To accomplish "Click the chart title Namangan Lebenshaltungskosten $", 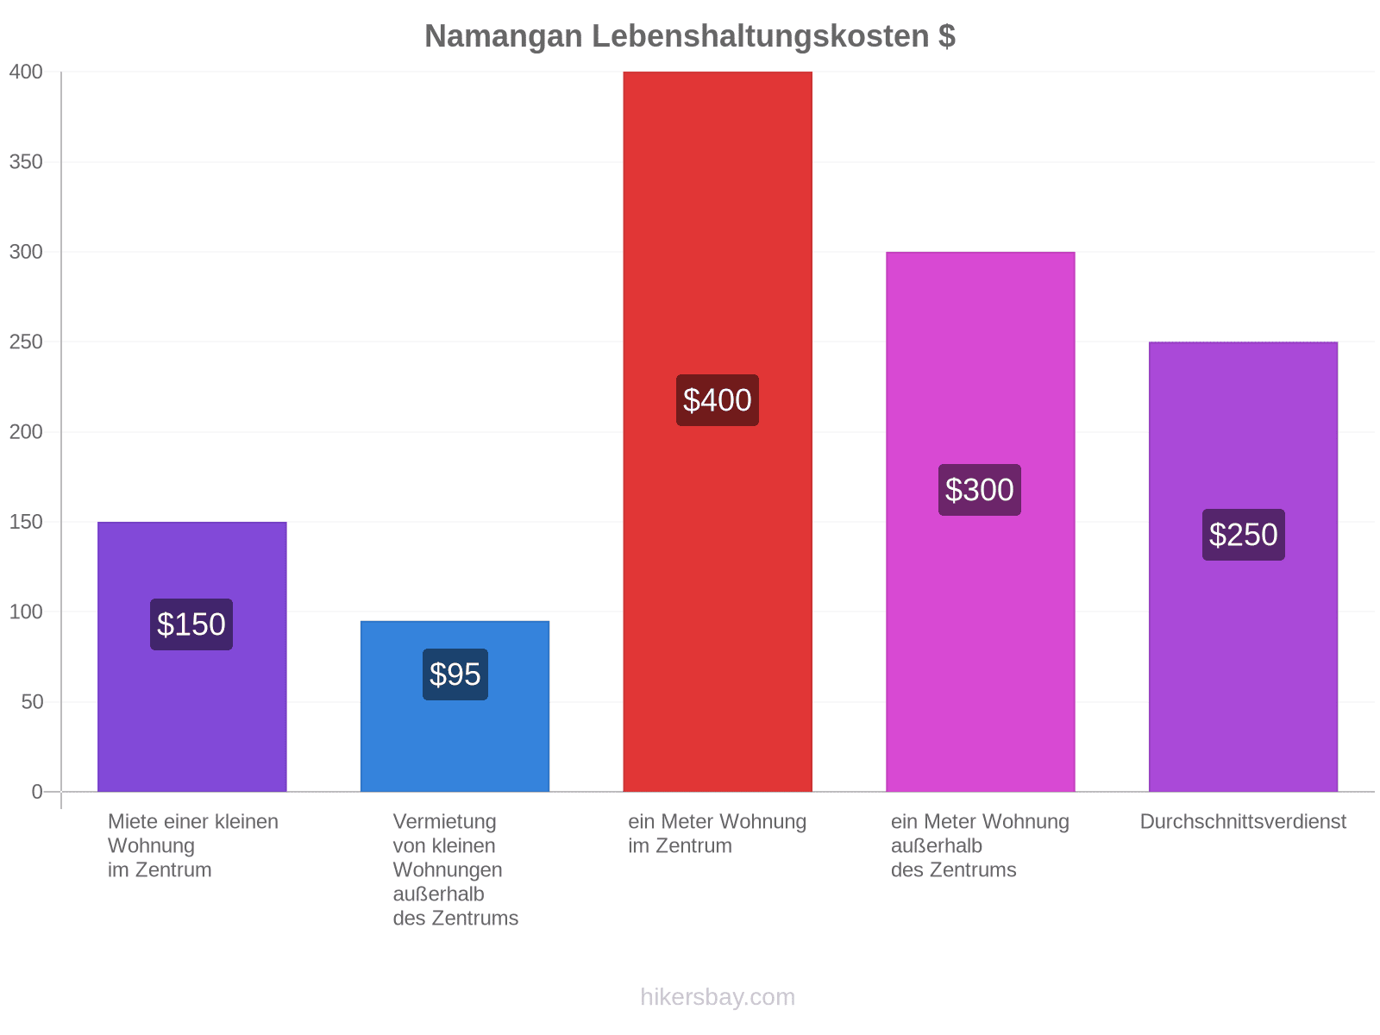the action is pyautogui.click(x=690, y=36).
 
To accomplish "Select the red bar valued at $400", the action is pyautogui.click(x=718, y=432).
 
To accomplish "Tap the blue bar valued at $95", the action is pyautogui.click(x=455, y=706).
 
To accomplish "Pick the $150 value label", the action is pyautogui.click(x=191, y=624).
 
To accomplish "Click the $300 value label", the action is pyautogui.click(x=980, y=490).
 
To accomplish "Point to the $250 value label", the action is pyautogui.click(x=1244, y=535).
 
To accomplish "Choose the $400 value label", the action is pyautogui.click(x=718, y=400).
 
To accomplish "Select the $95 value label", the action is pyautogui.click(x=455, y=674).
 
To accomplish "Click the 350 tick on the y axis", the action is pyautogui.click(x=26, y=162).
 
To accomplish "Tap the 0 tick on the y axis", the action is pyautogui.click(x=37, y=792).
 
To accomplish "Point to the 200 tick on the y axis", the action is pyautogui.click(x=26, y=432).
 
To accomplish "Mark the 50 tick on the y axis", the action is pyautogui.click(x=32, y=702).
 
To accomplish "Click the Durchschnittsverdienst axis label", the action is pyautogui.click(x=1243, y=821).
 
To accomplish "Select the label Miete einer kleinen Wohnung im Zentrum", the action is pyautogui.click(x=193, y=846).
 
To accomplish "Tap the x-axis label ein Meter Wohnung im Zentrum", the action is pyautogui.click(x=718, y=833).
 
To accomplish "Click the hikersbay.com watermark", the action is pyautogui.click(x=718, y=997).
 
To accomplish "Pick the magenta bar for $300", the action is pyautogui.click(x=980, y=522).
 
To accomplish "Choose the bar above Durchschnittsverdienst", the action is pyautogui.click(x=1243, y=567).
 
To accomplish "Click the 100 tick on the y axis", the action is pyautogui.click(x=26, y=612).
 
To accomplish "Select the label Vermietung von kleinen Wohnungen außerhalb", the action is pyautogui.click(x=448, y=858).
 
